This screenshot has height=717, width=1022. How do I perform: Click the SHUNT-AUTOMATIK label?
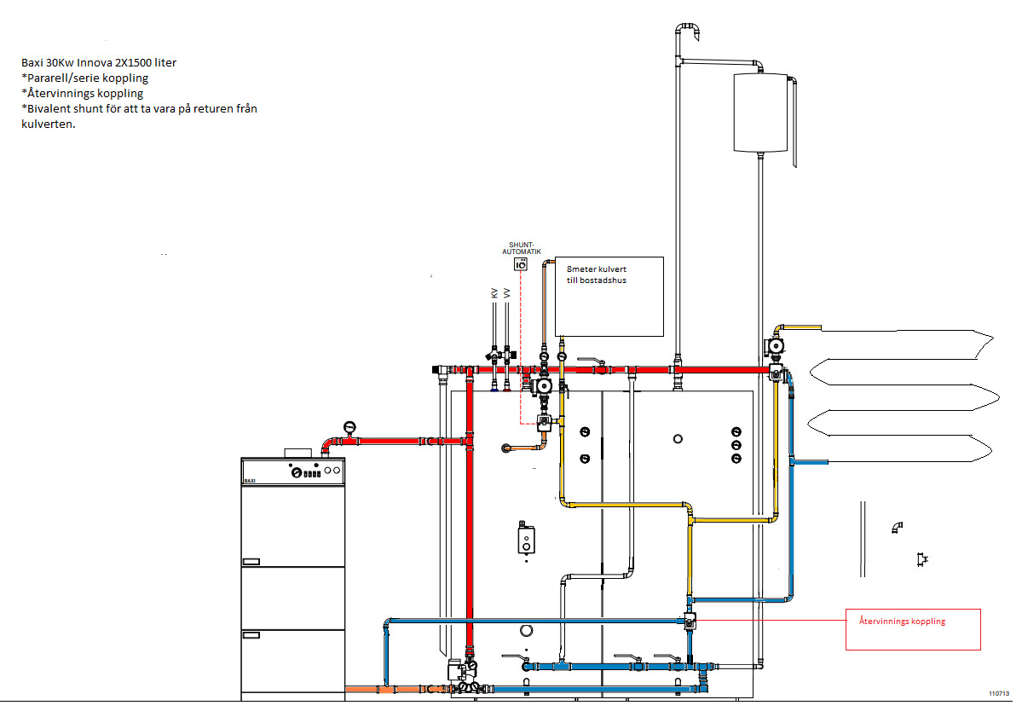(520, 250)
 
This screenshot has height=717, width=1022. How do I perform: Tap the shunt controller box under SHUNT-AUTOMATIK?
(520, 265)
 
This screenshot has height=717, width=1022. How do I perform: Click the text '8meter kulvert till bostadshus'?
(597, 275)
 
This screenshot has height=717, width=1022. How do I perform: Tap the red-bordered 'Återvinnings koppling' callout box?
(913, 629)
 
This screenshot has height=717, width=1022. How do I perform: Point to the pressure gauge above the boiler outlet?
(349, 426)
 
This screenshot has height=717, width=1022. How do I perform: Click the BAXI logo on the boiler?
(251, 480)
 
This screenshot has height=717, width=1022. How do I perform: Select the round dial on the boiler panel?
(295, 471)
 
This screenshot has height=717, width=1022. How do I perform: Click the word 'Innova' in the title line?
(103, 63)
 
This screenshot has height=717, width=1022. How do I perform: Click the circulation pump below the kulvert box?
(543, 385)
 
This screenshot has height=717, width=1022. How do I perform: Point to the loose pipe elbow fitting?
(897, 528)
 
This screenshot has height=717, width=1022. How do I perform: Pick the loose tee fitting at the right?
(921, 559)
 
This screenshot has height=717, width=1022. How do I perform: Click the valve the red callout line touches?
(690, 621)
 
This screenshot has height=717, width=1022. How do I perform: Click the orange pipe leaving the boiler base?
(367, 688)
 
